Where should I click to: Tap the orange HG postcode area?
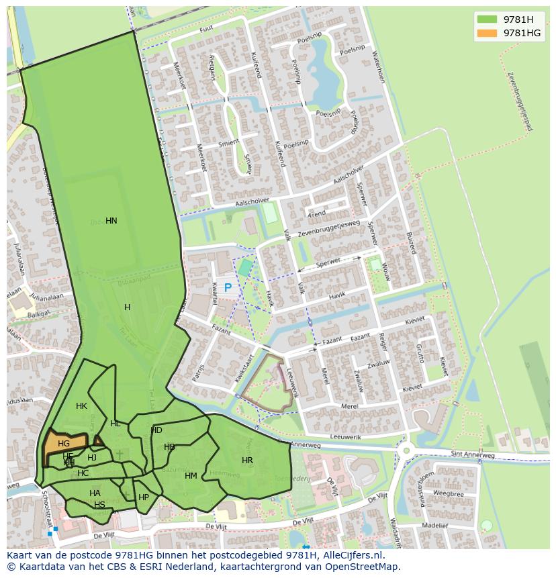(x=64, y=444)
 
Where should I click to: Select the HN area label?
(x=111, y=221)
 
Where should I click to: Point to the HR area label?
(x=247, y=461)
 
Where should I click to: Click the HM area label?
(x=191, y=476)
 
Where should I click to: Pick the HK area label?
(x=81, y=406)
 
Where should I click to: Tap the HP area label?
(x=144, y=497)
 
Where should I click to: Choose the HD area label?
(x=156, y=430)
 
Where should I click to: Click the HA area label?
(x=95, y=493)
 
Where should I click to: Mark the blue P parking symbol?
(x=228, y=287)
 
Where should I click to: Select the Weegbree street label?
(x=449, y=494)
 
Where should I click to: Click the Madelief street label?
(x=435, y=526)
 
